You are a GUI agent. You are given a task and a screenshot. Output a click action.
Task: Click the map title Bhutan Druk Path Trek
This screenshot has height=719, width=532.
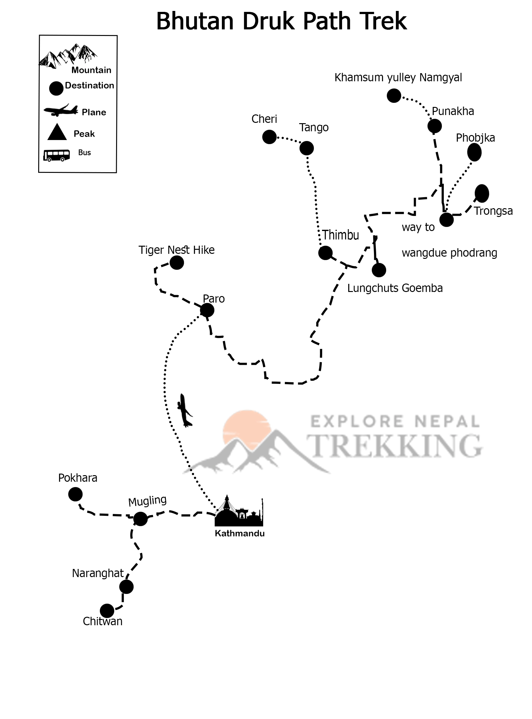point(281,21)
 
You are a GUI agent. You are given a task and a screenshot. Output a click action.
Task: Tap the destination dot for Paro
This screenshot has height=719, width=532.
point(207,310)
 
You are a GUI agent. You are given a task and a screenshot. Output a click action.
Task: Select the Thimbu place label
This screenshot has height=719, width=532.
point(340,235)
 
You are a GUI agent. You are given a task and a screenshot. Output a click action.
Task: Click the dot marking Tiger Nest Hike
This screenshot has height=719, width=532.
point(176,263)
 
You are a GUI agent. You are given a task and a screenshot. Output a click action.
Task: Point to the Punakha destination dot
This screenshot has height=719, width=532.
point(434,126)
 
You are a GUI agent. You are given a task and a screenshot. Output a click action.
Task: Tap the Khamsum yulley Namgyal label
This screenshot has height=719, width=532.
point(398,78)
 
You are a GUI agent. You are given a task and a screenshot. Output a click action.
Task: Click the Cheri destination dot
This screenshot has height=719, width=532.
point(269,137)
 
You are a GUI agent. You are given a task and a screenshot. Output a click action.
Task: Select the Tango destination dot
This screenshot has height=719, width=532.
point(306,148)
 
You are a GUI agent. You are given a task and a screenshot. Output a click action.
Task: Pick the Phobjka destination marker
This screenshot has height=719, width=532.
point(474,152)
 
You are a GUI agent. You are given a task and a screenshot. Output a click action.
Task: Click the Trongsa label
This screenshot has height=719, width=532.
point(493,211)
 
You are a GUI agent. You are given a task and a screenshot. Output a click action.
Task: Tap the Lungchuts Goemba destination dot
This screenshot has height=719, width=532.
point(379,270)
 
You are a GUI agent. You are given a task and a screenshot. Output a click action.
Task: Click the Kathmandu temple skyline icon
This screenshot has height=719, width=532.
point(239,511)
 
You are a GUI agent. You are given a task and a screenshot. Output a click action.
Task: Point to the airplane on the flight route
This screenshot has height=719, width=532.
point(185,411)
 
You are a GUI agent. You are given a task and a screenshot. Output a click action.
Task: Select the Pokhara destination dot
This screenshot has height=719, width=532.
point(75,494)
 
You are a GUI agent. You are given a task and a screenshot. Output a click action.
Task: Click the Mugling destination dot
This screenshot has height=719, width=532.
point(141,519)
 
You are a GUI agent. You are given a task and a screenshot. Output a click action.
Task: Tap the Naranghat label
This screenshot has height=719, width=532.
point(98,573)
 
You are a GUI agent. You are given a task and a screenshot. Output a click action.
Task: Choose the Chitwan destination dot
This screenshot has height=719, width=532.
point(107,611)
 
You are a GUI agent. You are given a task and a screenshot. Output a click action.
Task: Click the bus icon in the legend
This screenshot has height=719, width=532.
point(57,155)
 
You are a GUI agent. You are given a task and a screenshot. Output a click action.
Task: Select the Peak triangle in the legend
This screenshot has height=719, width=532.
point(57,133)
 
